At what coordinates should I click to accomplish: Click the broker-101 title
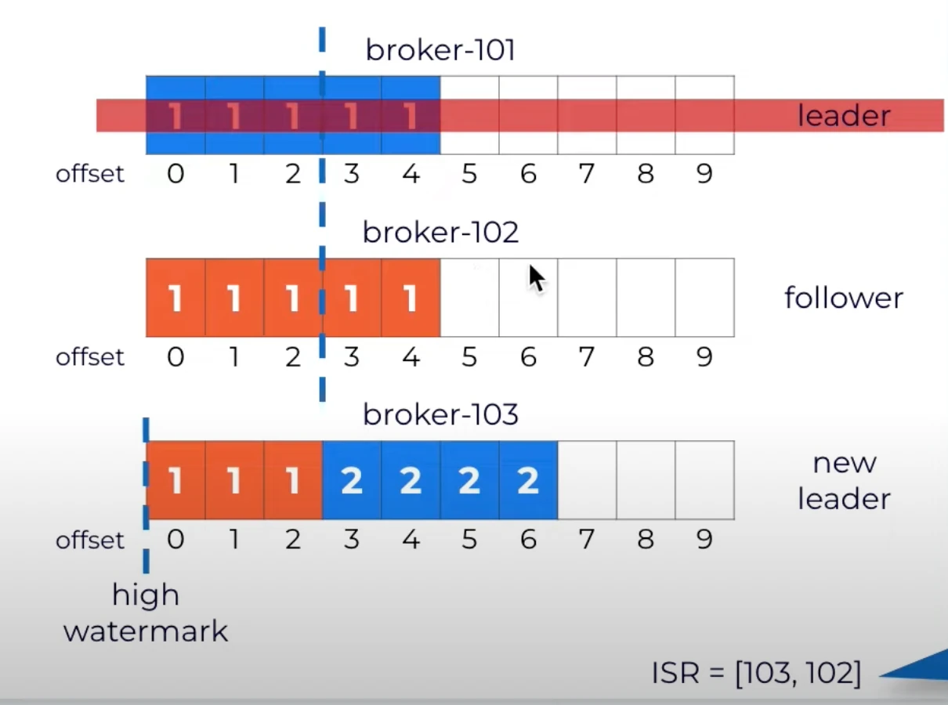point(440,50)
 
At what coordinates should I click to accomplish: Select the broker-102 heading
point(440,232)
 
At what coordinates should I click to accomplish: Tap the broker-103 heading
point(440,414)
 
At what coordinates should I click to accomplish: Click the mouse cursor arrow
point(537,279)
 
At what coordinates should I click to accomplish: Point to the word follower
point(844,298)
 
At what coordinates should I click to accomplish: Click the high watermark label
point(146,613)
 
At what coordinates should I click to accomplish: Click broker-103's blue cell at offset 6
point(528,480)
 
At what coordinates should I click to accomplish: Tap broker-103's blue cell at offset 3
point(352,480)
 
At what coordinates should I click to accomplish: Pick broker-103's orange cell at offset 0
point(175,480)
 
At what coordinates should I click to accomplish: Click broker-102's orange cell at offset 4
point(411,298)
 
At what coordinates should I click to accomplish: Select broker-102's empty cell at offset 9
point(705,298)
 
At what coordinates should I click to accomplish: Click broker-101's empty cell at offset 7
point(588,115)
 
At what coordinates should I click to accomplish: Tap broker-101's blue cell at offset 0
point(175,115)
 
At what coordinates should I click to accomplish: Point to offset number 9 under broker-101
point(704,174)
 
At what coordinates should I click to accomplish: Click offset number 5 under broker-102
point(469,356)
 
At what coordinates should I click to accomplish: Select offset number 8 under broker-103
point(646,539)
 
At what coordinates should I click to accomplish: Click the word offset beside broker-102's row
point(90,356)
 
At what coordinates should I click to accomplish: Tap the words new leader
point(844,480)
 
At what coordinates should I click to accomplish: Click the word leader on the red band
point(844,115)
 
